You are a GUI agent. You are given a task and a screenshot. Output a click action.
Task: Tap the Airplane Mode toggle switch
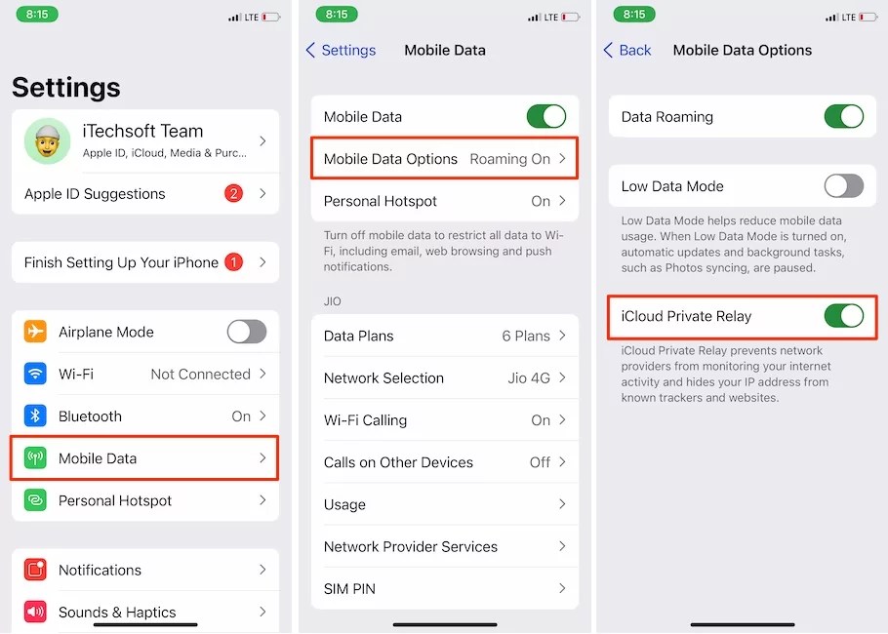point(246,332)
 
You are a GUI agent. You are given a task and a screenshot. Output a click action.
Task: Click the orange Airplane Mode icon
point(36,332)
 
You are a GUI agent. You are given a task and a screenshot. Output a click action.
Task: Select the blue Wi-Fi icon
point(36,375)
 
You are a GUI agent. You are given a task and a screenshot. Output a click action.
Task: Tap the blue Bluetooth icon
point(36,416)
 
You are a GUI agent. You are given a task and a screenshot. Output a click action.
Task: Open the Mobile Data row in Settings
point(144,458)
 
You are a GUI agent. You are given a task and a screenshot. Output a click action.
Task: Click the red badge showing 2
point(233,193)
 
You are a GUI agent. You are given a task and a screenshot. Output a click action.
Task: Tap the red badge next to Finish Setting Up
point(233,262)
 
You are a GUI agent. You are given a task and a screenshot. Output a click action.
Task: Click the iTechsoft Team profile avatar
point(47,141)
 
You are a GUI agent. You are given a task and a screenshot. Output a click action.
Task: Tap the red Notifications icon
point(36,571)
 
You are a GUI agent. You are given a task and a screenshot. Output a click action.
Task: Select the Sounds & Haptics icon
point(36,613)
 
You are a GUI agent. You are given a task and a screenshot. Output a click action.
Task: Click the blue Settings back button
point(341,50)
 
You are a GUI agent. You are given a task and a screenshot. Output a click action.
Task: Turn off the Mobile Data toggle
point(545,117)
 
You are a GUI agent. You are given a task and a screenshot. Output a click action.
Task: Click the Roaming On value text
point(509,159)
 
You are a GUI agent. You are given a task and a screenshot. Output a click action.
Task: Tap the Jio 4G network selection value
point(528,378)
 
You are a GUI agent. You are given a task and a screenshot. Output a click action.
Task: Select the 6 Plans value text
point(526,337)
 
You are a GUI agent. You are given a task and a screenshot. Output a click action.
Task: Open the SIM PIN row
point(444,589)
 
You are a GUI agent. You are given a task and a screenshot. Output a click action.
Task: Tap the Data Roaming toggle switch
point(843,117)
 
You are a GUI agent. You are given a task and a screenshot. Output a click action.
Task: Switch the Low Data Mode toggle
point(843,186)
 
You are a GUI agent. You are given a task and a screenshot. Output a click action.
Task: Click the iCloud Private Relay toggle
point(843,316)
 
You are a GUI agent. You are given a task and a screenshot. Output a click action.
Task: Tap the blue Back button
point(627,50)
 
